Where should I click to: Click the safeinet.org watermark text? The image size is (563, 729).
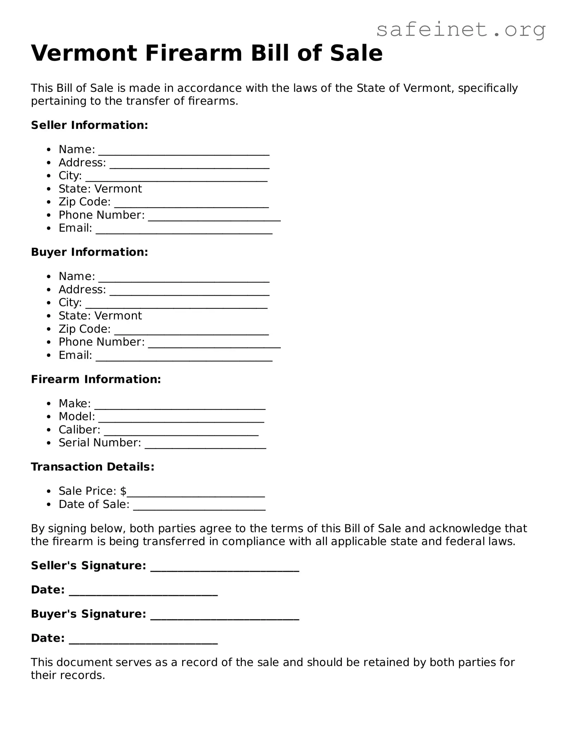(x=461, y=30)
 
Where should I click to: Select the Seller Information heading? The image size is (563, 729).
(x=89, y=125)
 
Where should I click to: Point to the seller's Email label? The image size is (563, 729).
(x=75, y=228)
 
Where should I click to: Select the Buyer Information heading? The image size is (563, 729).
(x=89, y=252)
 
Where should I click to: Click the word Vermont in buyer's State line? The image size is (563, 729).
(x=118, y=316)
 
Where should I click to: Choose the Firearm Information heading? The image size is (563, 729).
(x=96, y=379)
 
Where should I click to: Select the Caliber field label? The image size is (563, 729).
(x=79, y=429)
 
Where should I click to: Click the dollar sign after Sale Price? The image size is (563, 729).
(x=123, y=491)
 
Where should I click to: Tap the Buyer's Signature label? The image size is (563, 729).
(x=88, y=614)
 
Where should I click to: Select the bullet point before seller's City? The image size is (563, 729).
(x=50, y=176)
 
